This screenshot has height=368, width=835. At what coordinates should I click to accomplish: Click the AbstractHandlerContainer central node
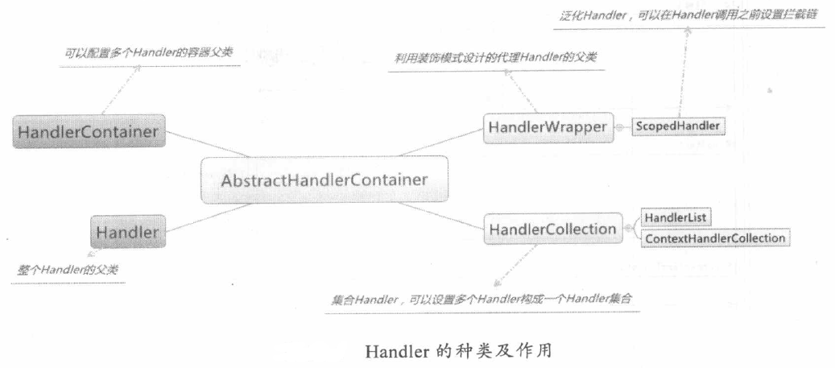coord(324,180)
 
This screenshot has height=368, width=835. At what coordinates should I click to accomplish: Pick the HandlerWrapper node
coord(545,127)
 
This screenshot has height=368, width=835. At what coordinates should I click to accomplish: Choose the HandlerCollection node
coord(552,229)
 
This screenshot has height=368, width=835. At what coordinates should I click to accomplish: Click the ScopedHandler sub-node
coord(678,126)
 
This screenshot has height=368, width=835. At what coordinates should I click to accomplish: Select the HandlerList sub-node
coord(674,218)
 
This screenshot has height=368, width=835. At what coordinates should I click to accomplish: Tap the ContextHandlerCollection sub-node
coord(713,238)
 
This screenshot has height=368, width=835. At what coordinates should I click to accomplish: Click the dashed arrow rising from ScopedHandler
coord(682,72)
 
